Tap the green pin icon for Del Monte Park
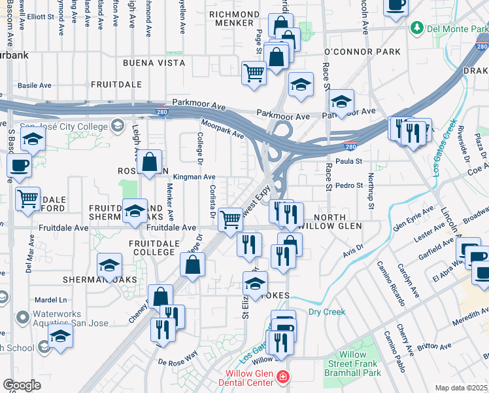416,29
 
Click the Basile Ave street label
34,85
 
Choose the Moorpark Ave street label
222,129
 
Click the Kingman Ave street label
194,177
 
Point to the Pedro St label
348,186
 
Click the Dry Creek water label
326,312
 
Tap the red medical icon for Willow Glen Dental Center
282,377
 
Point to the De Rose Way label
177,358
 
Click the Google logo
22,385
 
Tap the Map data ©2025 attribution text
461,388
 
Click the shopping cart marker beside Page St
254,73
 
